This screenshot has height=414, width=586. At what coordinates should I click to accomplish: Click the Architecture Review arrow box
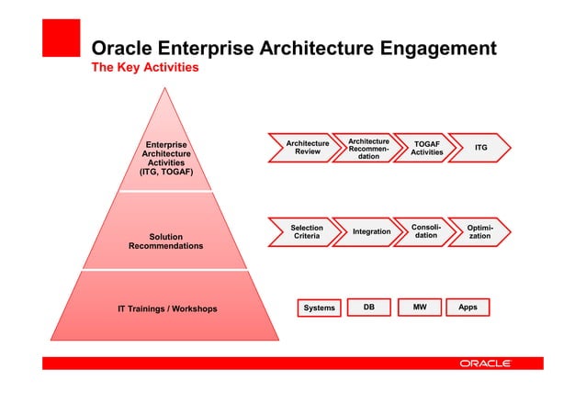click(x=307, y=148)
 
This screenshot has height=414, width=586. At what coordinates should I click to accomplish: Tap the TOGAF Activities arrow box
click(x=426, y=149)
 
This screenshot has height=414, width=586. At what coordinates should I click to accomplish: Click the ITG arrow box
click(x=481, y=148)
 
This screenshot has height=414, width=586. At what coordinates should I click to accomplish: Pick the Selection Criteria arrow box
click(x=307, y=232)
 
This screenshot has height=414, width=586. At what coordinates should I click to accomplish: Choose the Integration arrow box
click(x=371, y=232)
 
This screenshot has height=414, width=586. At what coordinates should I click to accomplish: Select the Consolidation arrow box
click(x=426, y=232)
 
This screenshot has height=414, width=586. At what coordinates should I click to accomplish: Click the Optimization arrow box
click(x=480, y=232)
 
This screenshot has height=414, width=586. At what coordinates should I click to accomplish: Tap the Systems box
click(x=319, y=308)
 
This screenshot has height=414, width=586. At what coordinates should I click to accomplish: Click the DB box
click(x=368, y=308)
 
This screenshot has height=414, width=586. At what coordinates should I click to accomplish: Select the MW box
click(x=419, y=308)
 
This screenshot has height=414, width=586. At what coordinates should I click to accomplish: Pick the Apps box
click(x=468, y=308)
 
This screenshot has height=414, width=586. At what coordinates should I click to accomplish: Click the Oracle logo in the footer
click(x=485, y=364)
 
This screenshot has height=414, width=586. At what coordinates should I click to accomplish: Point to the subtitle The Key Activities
click(x=143, y=68)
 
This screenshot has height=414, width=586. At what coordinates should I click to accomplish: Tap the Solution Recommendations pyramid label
click(x=166, y=241)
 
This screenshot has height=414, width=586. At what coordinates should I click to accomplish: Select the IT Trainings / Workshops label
click(x=167, y=308)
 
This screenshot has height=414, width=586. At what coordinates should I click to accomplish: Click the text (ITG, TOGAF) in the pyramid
click(x=165, y=172)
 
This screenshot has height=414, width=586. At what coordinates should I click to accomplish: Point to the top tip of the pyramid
click(x=166, y=89)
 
